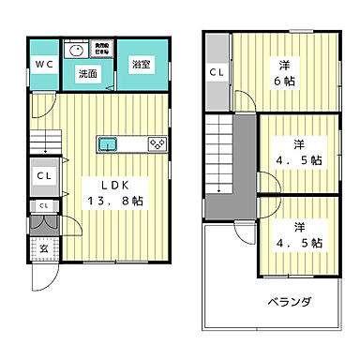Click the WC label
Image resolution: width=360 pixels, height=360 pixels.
click(x=43, y=64)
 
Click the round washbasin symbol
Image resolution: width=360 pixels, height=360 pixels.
click(x=75, y=51)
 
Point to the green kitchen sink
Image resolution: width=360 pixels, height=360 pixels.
click(x=108, y=143)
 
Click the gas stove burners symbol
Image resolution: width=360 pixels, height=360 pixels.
click(x=157, y=143)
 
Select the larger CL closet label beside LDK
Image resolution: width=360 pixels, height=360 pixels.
click(x=43, y=175)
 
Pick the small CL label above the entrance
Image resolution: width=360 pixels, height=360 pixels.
click(x=43, y=205)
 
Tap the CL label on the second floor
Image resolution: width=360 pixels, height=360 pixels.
click(x=217, y=71)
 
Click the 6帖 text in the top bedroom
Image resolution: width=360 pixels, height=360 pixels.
click(x=282, y=82)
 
